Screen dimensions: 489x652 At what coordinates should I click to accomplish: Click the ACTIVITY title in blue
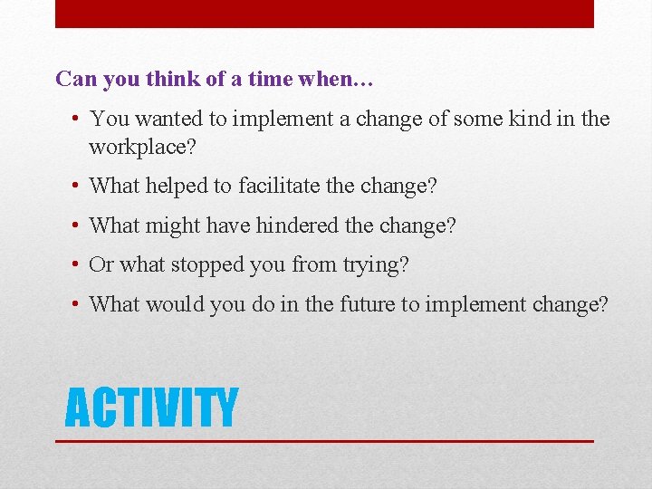click(x=151, y=407)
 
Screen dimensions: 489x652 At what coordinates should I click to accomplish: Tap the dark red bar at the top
click(x=324, y=14)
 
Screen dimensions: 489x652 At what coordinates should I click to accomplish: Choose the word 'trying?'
click(x=375, y=265)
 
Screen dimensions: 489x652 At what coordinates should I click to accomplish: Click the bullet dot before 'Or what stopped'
click(x=77, y=265)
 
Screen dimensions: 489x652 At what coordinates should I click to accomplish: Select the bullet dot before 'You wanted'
click(x=77, y=119)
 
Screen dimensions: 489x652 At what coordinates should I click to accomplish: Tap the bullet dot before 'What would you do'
click(x=77, y=304)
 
